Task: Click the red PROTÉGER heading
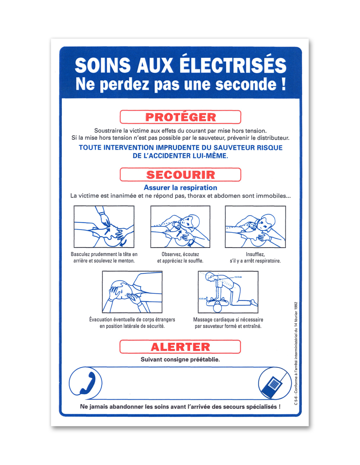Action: [180, 117]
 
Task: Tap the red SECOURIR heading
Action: [180, 175]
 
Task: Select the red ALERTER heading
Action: [180, 347]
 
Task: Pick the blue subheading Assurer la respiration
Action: [180, 187]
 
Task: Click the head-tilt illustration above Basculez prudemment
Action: [104, 227]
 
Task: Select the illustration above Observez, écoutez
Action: [180, 227]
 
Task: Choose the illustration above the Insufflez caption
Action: [255, 227]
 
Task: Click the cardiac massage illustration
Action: [228, 292]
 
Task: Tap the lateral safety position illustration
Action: [132, 292]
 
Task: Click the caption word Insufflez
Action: [255, 254]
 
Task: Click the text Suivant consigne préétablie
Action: [180, 360]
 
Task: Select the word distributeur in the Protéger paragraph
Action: [273, 138]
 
